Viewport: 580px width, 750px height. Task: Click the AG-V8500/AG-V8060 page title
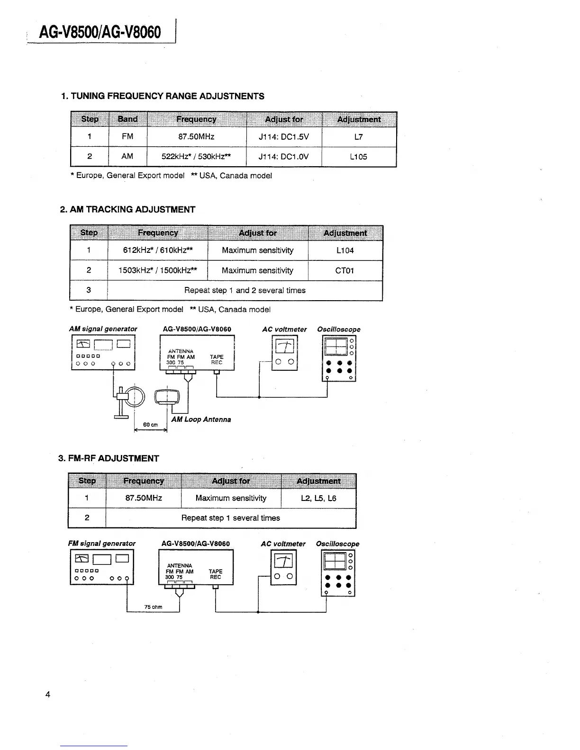[x=101, y=32]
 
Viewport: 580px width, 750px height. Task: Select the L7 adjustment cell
[x=359, y=137]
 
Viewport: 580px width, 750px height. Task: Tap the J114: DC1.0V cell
[x=284, y=157]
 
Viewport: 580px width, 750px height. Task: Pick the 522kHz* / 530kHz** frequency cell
[x=196, y=157]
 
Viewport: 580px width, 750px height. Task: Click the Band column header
[x=127, y=119]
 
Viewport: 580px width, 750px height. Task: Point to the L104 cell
[x=345, y=250]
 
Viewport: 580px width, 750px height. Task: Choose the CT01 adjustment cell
[x=345, y=271]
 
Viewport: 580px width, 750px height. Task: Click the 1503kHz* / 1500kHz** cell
[x=157, y=271]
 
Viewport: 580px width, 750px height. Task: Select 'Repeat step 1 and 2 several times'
[x=245, y=290]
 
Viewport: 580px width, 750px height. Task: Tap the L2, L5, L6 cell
[x=318, y=498]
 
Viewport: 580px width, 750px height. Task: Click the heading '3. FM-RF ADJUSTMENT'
[x=109, y=458]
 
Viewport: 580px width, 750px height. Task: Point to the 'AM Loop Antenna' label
[x=201, y=420]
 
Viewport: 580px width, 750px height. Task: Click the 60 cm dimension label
[x=151, y=425]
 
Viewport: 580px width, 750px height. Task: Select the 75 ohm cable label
[x=153, y=607]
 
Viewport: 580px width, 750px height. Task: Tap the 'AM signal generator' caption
[x=103, y=329]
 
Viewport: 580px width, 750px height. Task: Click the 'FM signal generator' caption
[x=102, y=544]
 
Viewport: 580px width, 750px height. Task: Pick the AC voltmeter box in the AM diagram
[x=284, y=353]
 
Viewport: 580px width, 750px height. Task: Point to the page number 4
[x=47, y=695]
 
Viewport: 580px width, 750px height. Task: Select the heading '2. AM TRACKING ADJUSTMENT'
[x=127, y=210]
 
